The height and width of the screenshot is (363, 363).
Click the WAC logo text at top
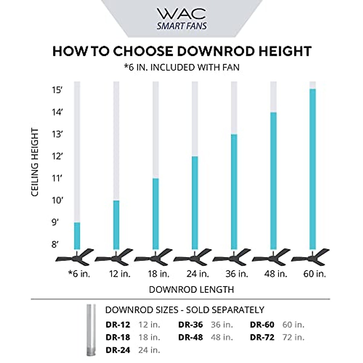181,14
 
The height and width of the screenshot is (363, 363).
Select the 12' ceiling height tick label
57,156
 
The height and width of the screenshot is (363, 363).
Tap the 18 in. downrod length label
158,274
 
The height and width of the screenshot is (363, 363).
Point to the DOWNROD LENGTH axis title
191,289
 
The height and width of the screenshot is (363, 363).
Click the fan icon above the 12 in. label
116,258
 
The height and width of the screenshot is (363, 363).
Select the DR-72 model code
262,337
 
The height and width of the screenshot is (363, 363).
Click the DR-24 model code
118,350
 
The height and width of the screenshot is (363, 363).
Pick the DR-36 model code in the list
190,325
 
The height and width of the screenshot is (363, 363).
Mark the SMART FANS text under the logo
181,26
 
